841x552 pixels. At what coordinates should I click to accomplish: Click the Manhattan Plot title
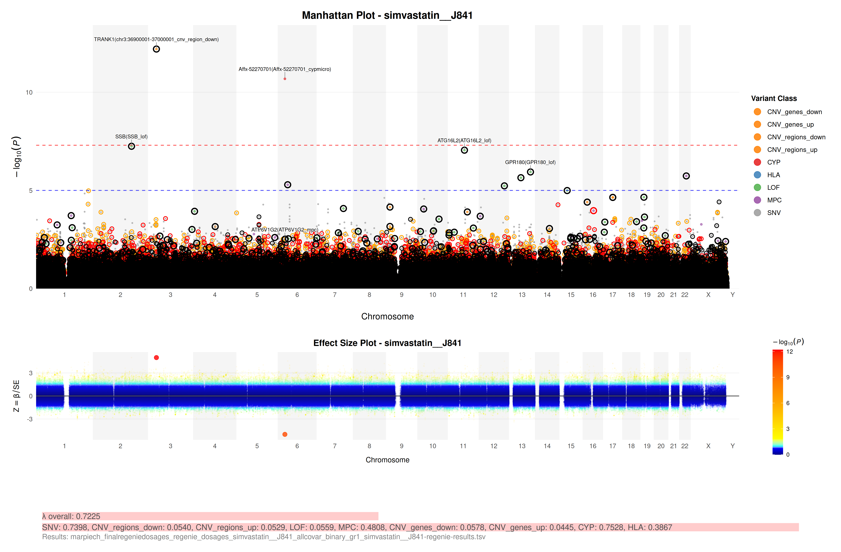coord(387,16)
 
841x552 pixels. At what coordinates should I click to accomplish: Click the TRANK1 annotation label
coord(156,39)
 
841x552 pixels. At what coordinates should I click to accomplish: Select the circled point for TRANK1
coord(156,49)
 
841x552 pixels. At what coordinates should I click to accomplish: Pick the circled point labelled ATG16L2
coord(464,150)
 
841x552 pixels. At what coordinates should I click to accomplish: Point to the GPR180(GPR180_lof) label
coord(530,162)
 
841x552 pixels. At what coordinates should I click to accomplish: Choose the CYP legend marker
coord(757,162)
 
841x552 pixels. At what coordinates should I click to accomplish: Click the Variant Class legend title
coord(774,99)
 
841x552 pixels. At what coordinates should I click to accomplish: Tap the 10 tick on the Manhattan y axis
coord(29,93)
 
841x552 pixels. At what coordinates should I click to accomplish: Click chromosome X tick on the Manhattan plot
coord(708,295)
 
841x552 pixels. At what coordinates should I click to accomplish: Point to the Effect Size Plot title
coord(387,343)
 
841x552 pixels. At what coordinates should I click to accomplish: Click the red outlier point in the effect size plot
coord(156,358)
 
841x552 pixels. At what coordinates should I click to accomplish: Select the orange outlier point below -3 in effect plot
coord(285,434)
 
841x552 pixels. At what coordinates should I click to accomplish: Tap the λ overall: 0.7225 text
coord(71,516)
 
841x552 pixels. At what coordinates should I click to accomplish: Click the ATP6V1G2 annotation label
coord(285,230)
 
